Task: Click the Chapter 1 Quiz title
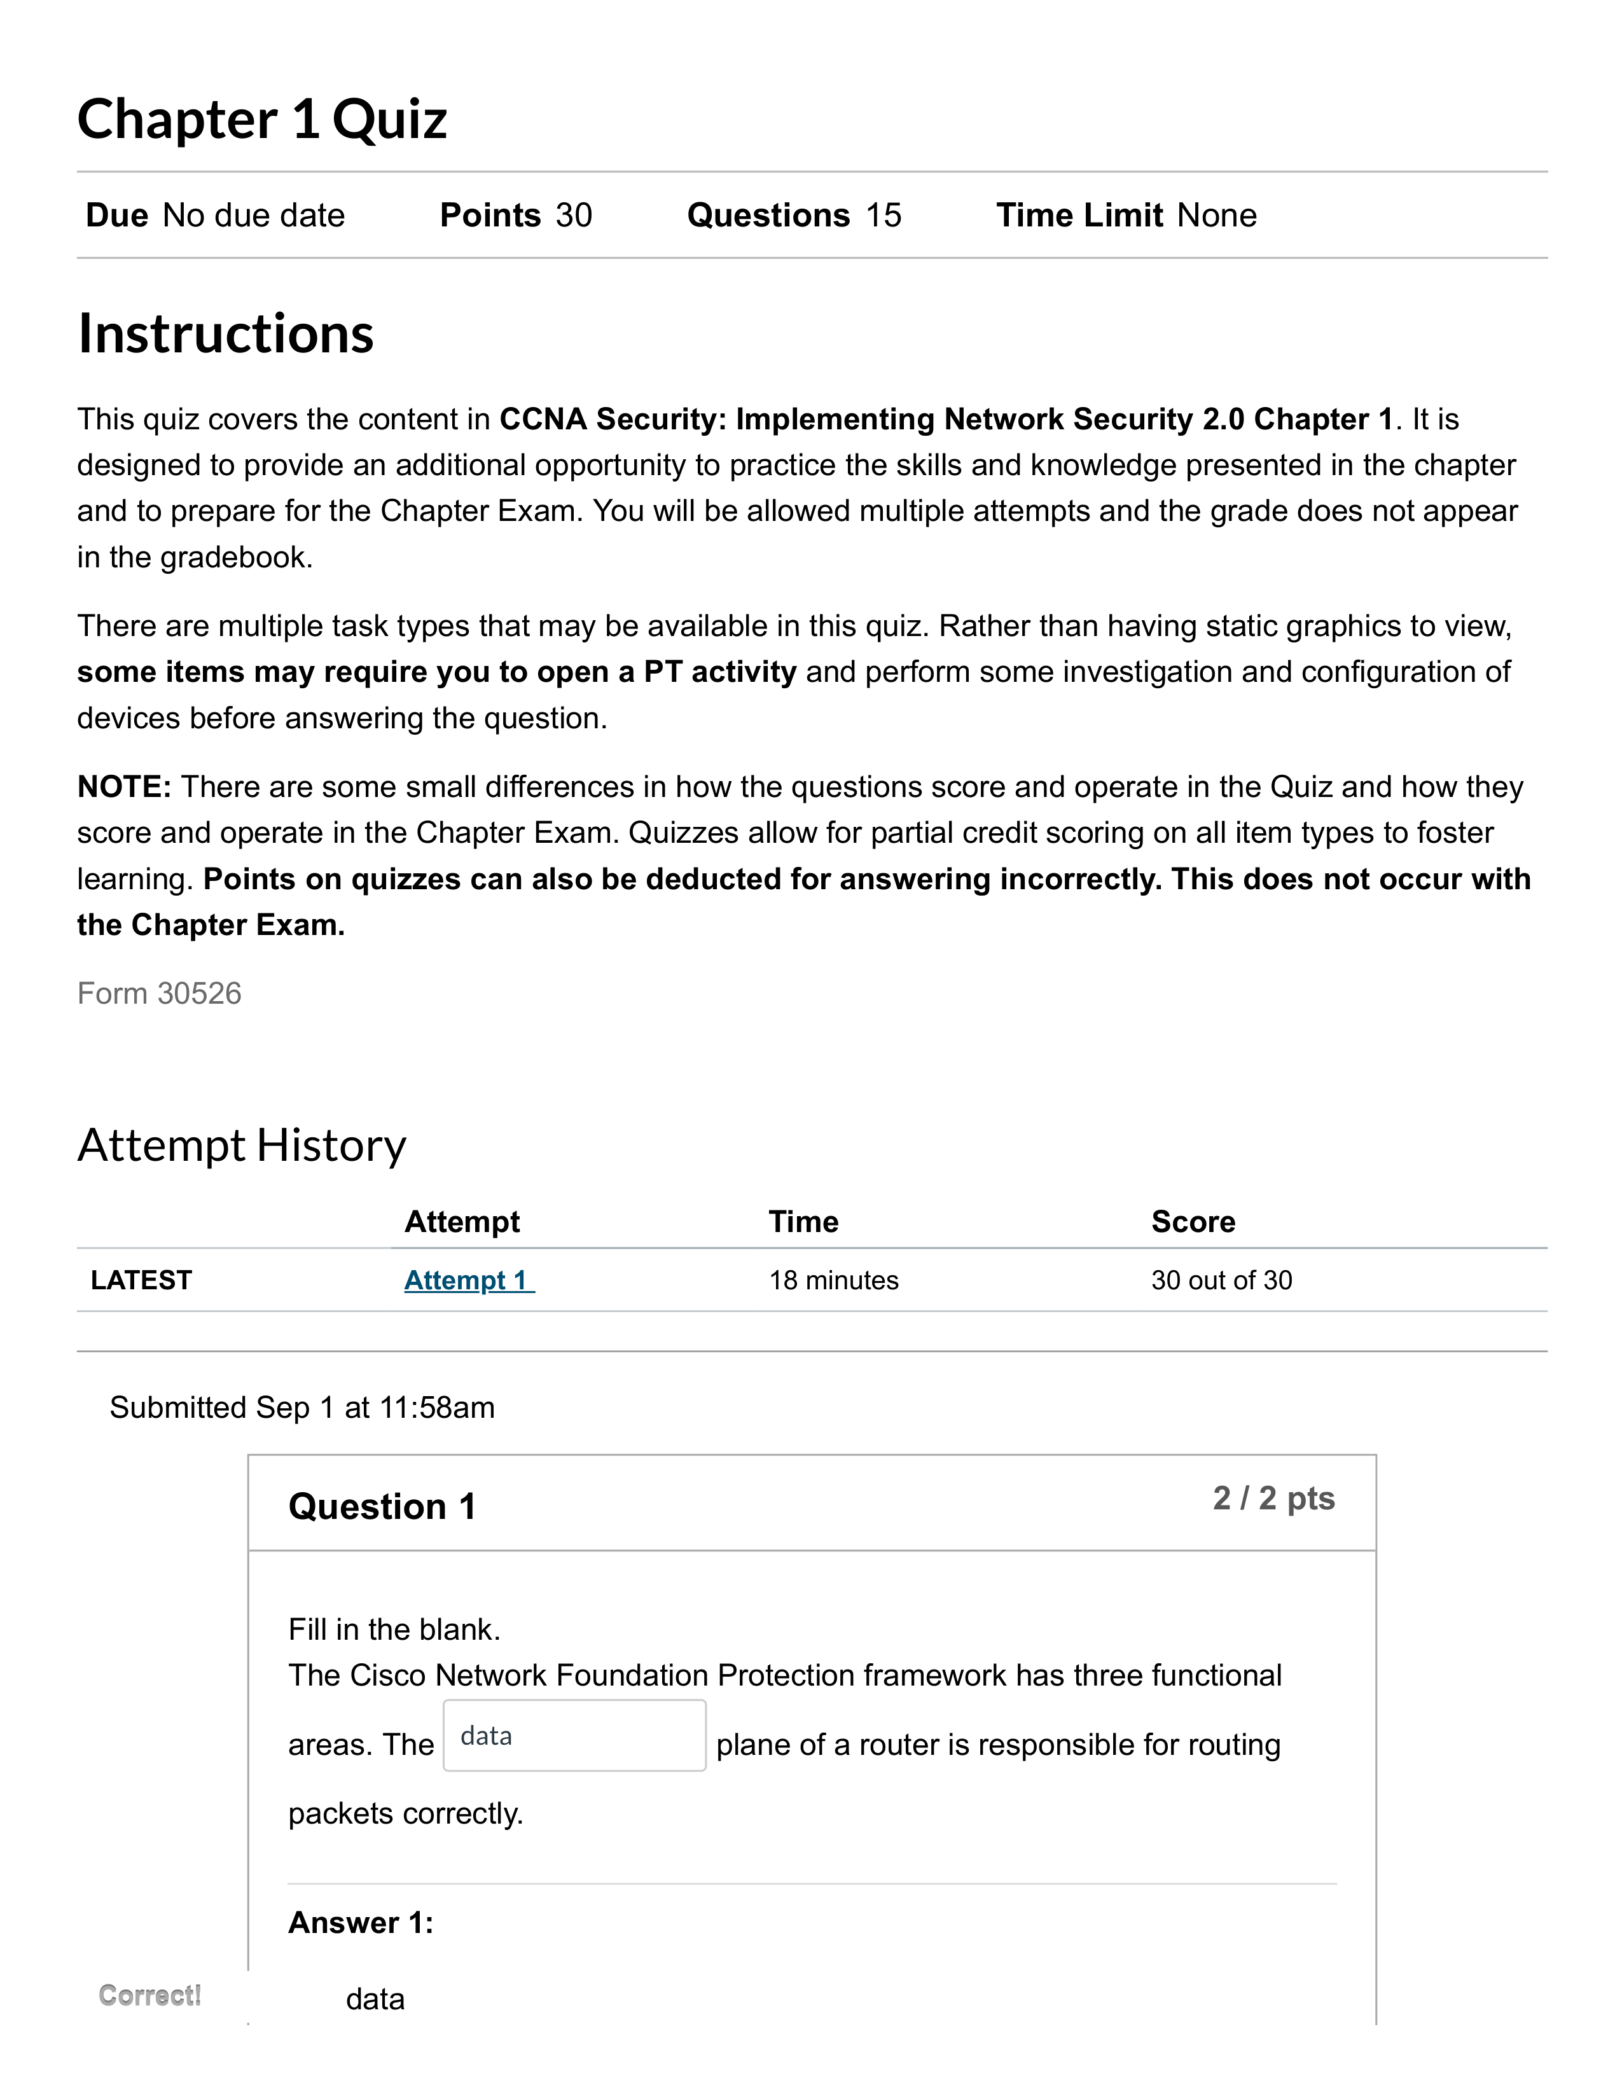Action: point(262,120)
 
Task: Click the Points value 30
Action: point(574,215)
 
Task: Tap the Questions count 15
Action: point(883,215)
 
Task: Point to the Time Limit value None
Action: point(1216,215)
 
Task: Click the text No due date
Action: point(254,215)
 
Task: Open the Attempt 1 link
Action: point(468,1280)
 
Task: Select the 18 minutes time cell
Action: point(833,1280)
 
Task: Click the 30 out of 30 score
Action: point(1221,1280)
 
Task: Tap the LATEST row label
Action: point(141,1280)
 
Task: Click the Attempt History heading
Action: point(242,1146)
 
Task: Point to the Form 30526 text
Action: point(160,993)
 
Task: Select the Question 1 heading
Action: point(382,1506)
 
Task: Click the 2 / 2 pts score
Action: point(1273,1499)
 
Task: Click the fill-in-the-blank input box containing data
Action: point(574,1736)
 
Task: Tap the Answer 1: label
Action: point(360,1922)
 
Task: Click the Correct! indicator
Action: point(150,1995)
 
